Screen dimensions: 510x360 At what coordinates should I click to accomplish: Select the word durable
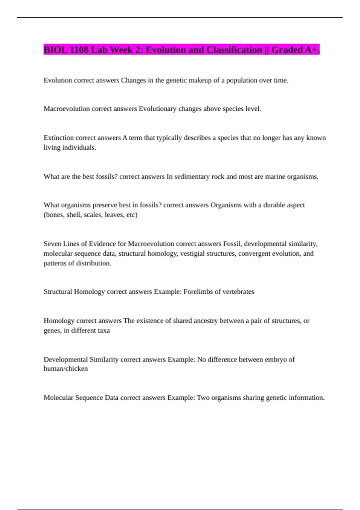pyautogui.click(x=274, y=205)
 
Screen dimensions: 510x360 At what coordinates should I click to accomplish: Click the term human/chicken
pyautogui.click(x=66, y=369)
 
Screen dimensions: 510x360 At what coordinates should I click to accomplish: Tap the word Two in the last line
pyautogui.click(x=203, y=398)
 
